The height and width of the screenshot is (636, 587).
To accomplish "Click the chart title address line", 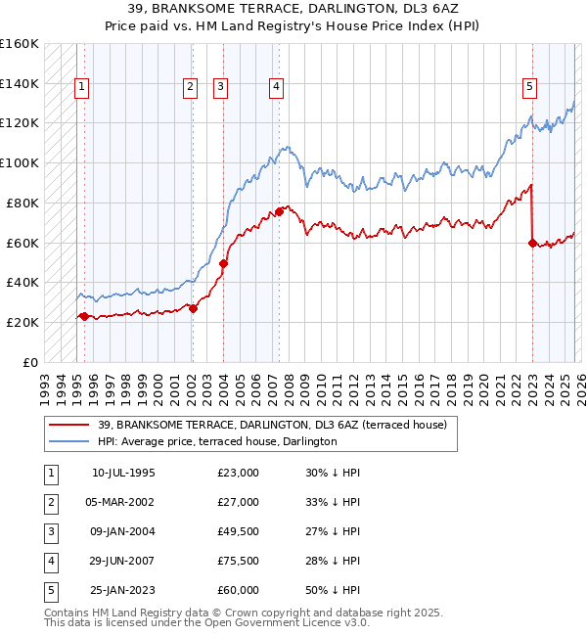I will pos(293,9).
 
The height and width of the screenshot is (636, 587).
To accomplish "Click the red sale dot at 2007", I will pos(280,211).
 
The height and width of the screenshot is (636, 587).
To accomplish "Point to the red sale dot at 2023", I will pos(532,243).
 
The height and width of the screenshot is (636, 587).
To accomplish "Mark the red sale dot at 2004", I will pos(223,263).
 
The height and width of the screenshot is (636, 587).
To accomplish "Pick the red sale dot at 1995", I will pos(84,316).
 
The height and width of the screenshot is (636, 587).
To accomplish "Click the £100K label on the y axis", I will pos(20,162).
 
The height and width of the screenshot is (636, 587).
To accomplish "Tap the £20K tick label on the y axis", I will pos(23,322).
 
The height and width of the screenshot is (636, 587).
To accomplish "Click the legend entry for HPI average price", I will pos(217,441).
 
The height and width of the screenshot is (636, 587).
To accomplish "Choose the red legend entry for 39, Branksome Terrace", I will pos(272,425).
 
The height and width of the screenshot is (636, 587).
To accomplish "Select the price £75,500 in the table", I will pos(238,561).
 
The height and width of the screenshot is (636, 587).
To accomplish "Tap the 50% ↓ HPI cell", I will pos(332,590).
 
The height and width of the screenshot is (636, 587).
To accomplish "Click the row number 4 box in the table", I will pos(50,561).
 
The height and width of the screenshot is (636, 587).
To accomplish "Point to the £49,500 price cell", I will pos(238,531).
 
